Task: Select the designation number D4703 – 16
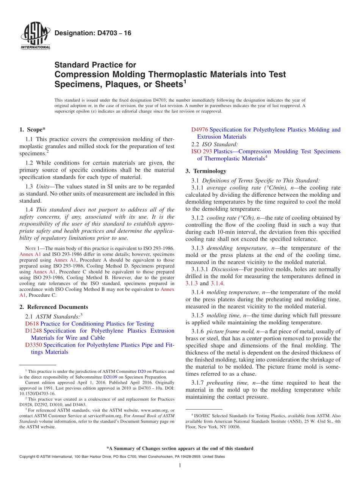tap(93, 33)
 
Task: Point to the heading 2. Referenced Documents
tap(54, 307)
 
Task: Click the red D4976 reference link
tap(200, 130)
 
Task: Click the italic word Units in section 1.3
tap(44, 186)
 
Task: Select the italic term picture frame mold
tap(227, 331)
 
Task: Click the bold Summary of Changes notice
tap(180, 448)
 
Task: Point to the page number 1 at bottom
tap(180, 465)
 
